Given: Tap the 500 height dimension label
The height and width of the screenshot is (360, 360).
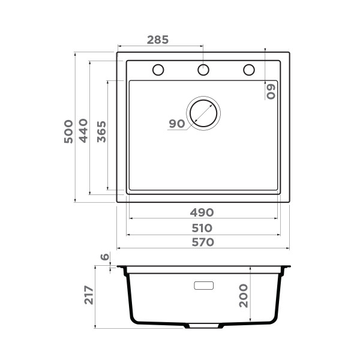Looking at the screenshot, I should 68,131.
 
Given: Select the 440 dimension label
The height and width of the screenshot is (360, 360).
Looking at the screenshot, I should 83,131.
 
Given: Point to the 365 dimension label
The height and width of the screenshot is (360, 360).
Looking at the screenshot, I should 101,131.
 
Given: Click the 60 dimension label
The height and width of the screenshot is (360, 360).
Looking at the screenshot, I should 271,91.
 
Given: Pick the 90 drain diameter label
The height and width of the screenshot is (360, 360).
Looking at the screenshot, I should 176,124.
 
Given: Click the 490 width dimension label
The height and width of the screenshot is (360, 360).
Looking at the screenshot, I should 202,212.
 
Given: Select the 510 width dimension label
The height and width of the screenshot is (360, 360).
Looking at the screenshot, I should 202,228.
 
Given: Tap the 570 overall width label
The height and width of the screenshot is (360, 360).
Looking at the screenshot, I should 202,242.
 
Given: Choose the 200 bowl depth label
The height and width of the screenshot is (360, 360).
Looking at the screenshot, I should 244,295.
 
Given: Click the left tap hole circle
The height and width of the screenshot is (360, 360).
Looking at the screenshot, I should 158,70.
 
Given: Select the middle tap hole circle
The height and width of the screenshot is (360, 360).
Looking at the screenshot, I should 203,70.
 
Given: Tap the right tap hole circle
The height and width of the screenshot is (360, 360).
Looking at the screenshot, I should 248,70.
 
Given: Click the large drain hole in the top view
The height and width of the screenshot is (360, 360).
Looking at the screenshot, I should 204,112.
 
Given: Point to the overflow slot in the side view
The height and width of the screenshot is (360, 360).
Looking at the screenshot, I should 204,285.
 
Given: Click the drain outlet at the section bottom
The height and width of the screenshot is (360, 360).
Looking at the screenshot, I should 203,326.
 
